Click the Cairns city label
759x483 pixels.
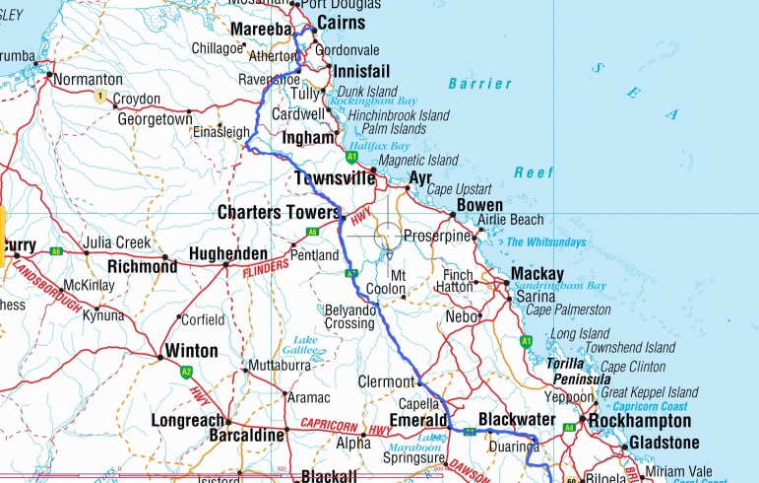341,23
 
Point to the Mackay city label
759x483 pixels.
537,274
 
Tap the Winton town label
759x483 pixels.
192,350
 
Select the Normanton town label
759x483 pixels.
89,79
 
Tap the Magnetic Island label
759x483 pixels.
418,160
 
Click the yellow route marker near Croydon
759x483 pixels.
98,97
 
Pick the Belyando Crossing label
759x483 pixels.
350,316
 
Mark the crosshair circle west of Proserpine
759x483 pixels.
387,236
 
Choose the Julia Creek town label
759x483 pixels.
117,242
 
